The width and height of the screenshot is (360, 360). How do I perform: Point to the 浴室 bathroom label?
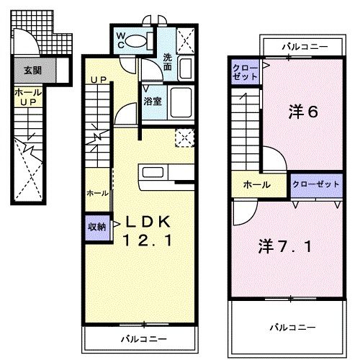coord(152,101)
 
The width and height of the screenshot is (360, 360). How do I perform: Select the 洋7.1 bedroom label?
coord(285,247)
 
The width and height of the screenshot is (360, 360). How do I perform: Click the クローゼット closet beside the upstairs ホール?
coord(315,184)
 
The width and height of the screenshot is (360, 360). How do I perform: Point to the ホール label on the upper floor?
coord(256,184)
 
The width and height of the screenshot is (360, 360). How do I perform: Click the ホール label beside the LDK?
coord(97,193)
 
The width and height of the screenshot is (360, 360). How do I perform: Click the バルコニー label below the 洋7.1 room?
coord(292,326)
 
